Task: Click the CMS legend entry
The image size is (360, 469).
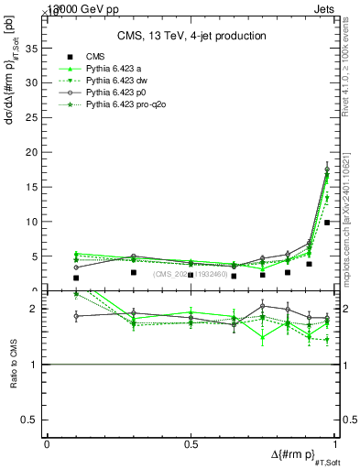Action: click(x=92, y=58)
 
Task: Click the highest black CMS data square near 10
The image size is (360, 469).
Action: click(x=327, y=222)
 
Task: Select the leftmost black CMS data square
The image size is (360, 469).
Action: click(x=76, y=278)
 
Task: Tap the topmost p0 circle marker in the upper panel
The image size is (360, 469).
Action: click(x=327, y=169)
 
